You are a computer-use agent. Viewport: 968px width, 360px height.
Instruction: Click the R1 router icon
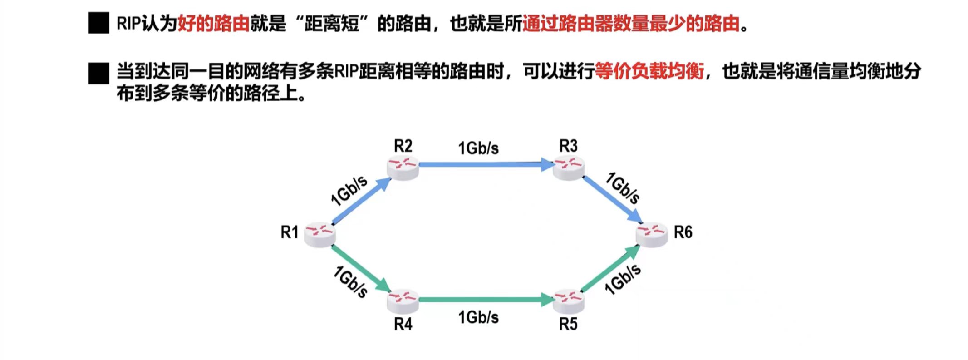[x=319, y=234]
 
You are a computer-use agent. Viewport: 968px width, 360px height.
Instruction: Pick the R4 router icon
[x=403, y=301]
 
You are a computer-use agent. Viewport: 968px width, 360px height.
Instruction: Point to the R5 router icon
[x=569, y=301]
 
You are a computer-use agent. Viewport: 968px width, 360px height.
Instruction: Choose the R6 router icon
[x=652, y=234]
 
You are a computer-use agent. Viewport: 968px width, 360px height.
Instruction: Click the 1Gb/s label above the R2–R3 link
[x=478, y=148]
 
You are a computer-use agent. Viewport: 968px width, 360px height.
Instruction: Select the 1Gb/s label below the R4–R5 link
[x=478, y=317]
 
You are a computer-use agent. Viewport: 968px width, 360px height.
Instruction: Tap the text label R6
[x=683, y=232]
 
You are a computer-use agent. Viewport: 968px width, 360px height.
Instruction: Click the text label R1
[x=290, y=232]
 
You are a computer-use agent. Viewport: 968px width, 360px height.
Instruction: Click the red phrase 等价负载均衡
[x=649, y=71]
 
